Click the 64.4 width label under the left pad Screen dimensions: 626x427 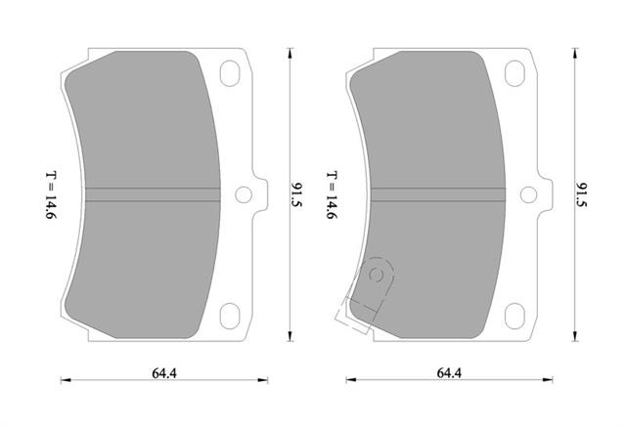coord(164,373)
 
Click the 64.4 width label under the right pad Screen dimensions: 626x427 coord(449,373)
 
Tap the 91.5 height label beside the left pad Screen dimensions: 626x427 coord(297,195)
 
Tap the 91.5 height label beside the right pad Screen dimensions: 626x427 coord(582,195)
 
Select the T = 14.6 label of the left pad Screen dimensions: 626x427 coord(52,195)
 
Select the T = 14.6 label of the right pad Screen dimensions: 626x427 coord(333,195)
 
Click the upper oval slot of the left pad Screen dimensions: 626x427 coord(230,73)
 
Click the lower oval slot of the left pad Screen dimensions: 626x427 coord(230,317)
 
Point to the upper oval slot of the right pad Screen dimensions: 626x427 coord(514,73)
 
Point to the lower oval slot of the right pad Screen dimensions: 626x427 coord(514,317)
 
